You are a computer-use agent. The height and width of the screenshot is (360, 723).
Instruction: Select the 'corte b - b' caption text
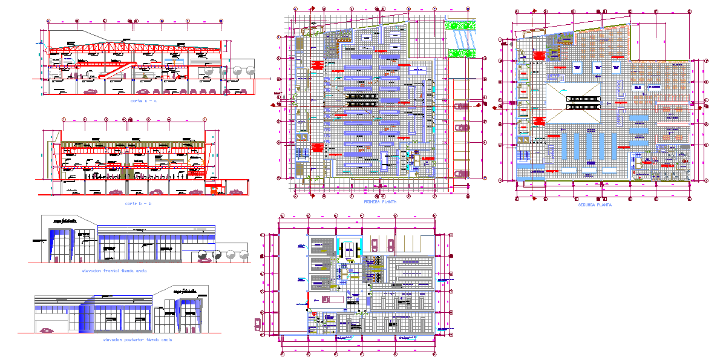pyautogui.click(x=138, y=203)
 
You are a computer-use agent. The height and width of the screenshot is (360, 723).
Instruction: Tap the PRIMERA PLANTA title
pyautogui.click(x=379, y=201)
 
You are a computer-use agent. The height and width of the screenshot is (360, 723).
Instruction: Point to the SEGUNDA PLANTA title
pyautogui.click(x=595, y=205)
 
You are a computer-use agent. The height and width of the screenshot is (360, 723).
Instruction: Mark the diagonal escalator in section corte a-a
pyautogui.click(x=112, y=71)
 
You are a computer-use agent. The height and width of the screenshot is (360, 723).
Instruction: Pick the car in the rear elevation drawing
pyautogui.click(x=47, y=330)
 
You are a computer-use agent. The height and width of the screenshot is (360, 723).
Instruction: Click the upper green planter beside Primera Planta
pyautogui.click(x=459, y=25)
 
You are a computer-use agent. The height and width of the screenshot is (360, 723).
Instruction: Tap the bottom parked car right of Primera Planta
pyautogui.click(x=462, y=174)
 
